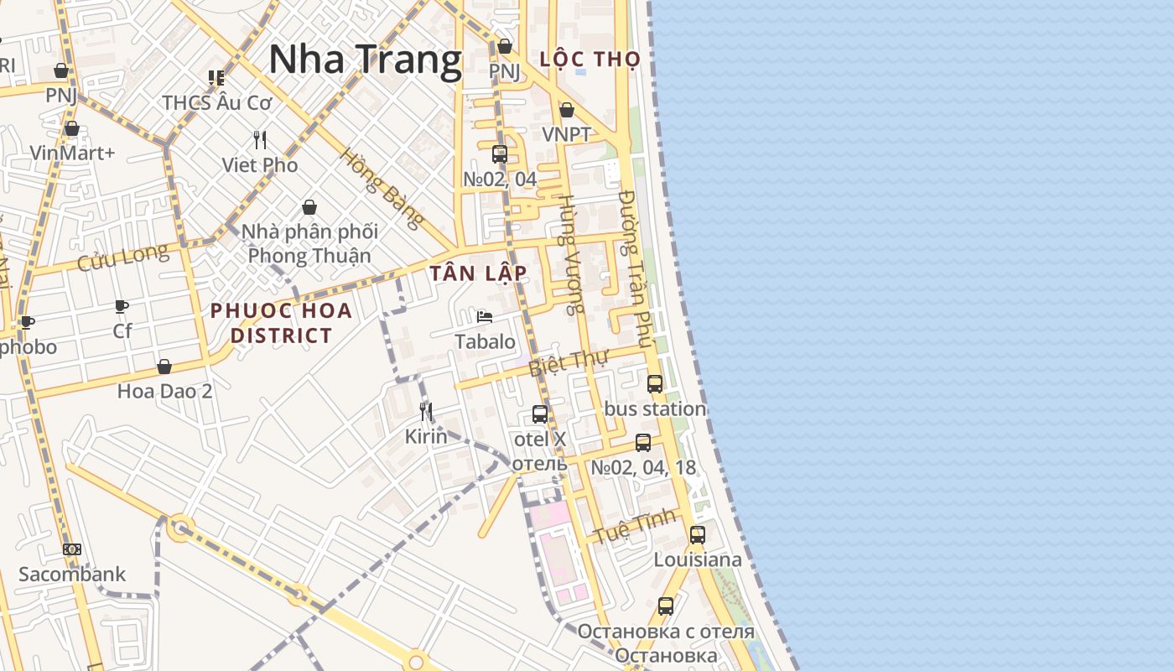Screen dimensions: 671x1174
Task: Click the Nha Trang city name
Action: pos(365,60)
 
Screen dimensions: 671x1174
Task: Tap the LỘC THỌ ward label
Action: pos(590,60)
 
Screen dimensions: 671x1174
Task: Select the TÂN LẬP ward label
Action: pos(478,273)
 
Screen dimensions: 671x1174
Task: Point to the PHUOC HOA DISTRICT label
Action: pos(281,323)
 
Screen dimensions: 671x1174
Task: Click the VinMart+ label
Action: pos(72,153)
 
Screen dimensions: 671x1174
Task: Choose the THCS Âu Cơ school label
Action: pos(217,103)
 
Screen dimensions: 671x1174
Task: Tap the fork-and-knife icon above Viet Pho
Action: pos(260,139)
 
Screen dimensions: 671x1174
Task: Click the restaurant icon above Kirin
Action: pos(426,411)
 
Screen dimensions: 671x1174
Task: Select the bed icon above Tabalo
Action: pos(485,317)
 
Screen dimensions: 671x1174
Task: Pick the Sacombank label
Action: pos(72,575)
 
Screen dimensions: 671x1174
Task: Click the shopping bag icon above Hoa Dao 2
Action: pos(164,367)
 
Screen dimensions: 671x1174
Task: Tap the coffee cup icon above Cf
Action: pos(122,307)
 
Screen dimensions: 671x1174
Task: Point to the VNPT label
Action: pos(566,134)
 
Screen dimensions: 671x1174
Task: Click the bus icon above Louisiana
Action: pos(697,534)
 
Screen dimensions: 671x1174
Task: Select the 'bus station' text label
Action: pos(655,409)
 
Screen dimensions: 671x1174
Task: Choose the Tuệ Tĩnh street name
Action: pos(635,526)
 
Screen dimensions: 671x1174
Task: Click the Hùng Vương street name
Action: pos(571,254)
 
